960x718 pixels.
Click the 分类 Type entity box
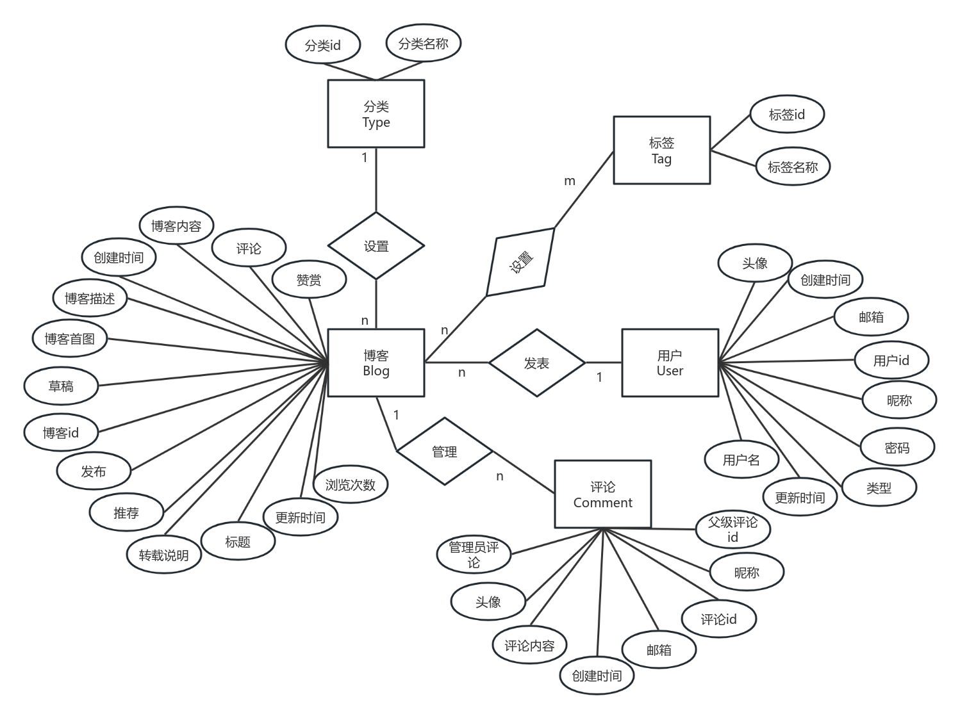click(376, 114)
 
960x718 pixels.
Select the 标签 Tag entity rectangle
click(661, 151)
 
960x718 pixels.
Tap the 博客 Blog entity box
click(376, 363)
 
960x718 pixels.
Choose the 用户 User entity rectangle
click(670, 363)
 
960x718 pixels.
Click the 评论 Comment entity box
click(602, 494)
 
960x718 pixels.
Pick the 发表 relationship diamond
click(536, 363)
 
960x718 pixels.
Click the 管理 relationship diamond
click(444, 452)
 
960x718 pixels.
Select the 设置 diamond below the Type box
click(376, 246)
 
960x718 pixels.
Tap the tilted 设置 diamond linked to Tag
click(520, 262)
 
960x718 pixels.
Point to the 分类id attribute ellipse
click(322, 45)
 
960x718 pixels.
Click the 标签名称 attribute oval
click(793, 167)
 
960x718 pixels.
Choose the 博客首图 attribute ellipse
click(69, 339)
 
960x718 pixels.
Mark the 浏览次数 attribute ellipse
click(350, 485)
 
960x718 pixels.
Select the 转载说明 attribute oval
click(164, 555)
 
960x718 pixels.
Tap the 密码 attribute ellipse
click(897, 448)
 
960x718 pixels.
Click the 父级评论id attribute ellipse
click(732, 530)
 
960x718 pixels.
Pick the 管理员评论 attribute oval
click(474, 555)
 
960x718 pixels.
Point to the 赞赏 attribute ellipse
click(309, 280)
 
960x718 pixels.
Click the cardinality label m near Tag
click(569, 181)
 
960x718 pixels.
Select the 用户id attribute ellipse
click(891, 361)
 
